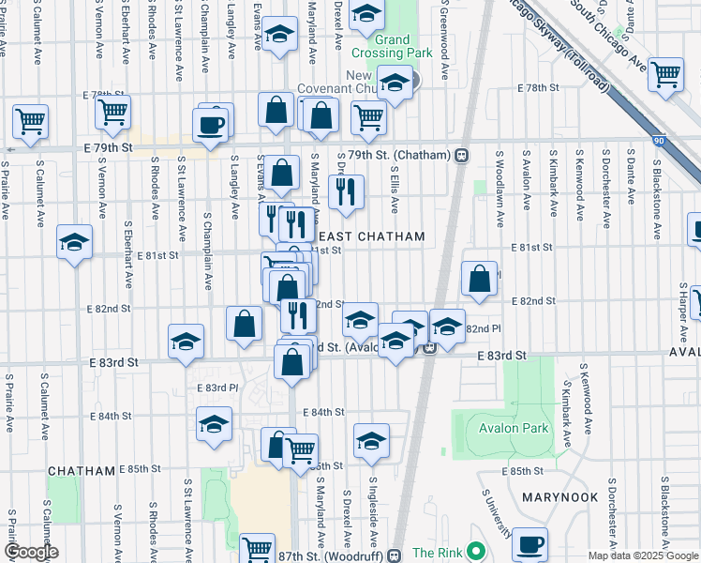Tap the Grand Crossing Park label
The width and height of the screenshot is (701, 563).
coord(392,46)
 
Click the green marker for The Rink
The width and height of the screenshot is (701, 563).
coord(476,552)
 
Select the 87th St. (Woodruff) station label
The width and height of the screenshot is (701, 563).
coord(330,553)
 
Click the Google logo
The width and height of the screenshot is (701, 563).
coord(30,552)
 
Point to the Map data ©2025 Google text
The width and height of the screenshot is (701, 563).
coord(643,555)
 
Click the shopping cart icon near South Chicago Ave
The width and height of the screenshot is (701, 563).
coord(665,73)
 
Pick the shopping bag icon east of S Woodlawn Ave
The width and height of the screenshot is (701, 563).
coord(479,278)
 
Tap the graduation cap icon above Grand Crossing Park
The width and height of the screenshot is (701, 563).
coord(366,12)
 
